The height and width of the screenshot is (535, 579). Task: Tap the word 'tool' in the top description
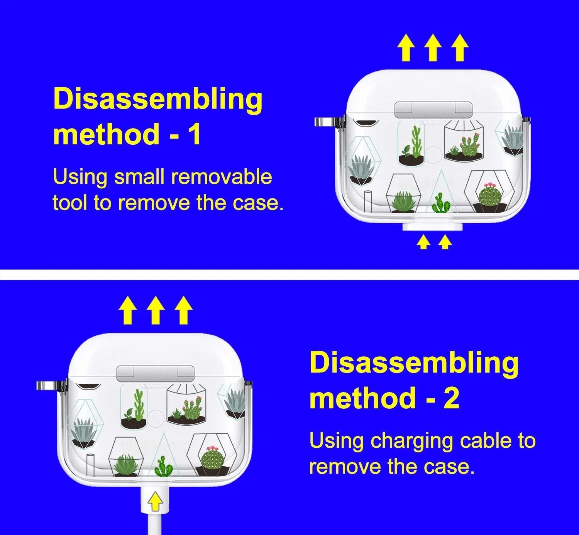(71, 203)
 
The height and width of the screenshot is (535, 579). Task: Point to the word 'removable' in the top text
(222, 177)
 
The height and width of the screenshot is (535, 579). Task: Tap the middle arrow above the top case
(433, 47)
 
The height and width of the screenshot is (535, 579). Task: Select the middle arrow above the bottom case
(156, 310)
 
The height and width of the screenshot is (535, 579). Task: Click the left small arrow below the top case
(423, 242)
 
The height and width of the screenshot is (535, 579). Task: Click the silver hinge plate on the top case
(433, 110)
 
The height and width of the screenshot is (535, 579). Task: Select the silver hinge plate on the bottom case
(155, 373)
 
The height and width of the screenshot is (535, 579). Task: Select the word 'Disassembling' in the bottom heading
(414, 364)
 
